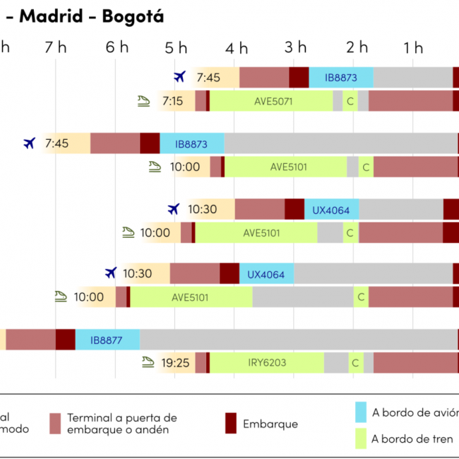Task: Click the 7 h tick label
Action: [x=56, y=47]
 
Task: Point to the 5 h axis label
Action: [x=177, y=47]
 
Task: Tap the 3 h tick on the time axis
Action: [x=297, y=47]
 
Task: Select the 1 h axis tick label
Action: [x=414, y=47]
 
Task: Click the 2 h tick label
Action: [x=357, y=47]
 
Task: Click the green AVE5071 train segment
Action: [x=272, y=101]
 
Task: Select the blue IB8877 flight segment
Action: [x=107, y=340]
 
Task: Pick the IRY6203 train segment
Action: [x=267, y=363]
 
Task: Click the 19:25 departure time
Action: [x=175, y=363]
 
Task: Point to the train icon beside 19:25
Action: [x=148, y=362]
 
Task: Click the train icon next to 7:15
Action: [x=144, y=100]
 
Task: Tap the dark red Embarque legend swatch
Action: [x=230, y=424]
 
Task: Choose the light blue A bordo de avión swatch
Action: [x=361, y=412]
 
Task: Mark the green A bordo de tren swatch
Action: [x=361, y=439]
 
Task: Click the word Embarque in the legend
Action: [x=270, y=424]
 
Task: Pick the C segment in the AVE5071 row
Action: [x=350, y=101]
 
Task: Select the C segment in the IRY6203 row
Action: [x=356, y=363]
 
